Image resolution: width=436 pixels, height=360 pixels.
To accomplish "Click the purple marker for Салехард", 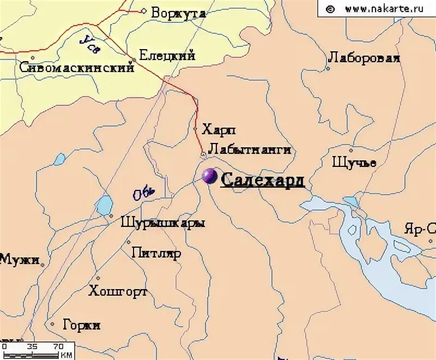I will tap(209, 176).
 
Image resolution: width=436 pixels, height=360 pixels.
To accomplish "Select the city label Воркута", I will tap(178, 13).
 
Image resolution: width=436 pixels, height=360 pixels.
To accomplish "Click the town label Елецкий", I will tap(167, 55).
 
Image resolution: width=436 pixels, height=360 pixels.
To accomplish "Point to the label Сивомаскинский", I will tap(76, 68).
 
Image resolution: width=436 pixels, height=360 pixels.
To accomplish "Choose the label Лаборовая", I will tap(364, 58).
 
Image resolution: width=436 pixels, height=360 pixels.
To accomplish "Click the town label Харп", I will tap(219, 130).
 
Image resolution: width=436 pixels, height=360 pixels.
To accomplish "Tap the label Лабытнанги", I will tap(249, 149).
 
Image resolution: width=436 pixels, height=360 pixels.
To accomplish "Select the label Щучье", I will tap(354, 163).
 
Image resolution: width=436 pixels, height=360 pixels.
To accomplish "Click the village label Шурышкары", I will tap(163, 223).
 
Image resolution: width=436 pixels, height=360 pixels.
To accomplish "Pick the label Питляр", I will tap(156, 253).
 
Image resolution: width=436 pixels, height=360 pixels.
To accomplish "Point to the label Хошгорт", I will tap(118, 291).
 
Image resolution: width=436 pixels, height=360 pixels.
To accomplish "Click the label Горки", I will tap(82, 325).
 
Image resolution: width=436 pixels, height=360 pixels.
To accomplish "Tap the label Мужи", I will tap(19, 259).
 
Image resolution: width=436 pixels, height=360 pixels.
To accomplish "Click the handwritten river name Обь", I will tap(144, 192).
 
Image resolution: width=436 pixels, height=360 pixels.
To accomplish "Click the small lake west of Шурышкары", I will tap(103, 205).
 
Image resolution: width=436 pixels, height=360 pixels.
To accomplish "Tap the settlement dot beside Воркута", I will tap(144, 10).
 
